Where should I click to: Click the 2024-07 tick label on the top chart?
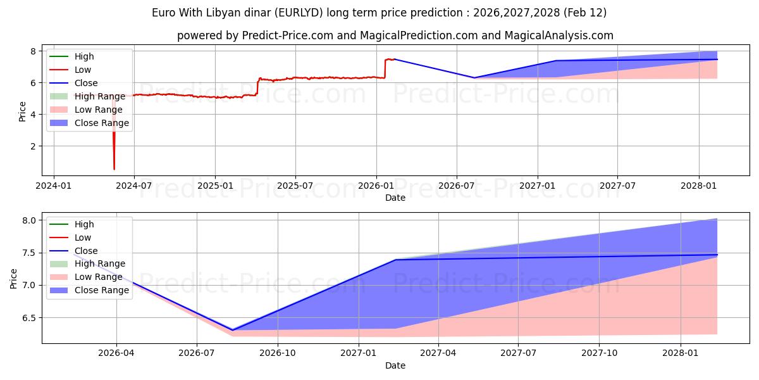134,186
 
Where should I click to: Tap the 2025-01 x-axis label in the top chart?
215,186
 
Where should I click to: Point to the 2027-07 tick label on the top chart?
618,186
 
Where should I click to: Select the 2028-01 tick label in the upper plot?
699,186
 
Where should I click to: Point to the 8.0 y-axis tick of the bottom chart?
29,220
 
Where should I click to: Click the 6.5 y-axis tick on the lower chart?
29,318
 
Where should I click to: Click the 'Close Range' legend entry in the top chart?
102,123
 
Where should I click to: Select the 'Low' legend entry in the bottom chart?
83,237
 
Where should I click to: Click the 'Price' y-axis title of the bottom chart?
14,277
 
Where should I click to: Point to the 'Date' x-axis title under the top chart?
395,198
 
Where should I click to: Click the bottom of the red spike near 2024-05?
114,169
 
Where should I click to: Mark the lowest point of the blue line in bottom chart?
232,330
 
